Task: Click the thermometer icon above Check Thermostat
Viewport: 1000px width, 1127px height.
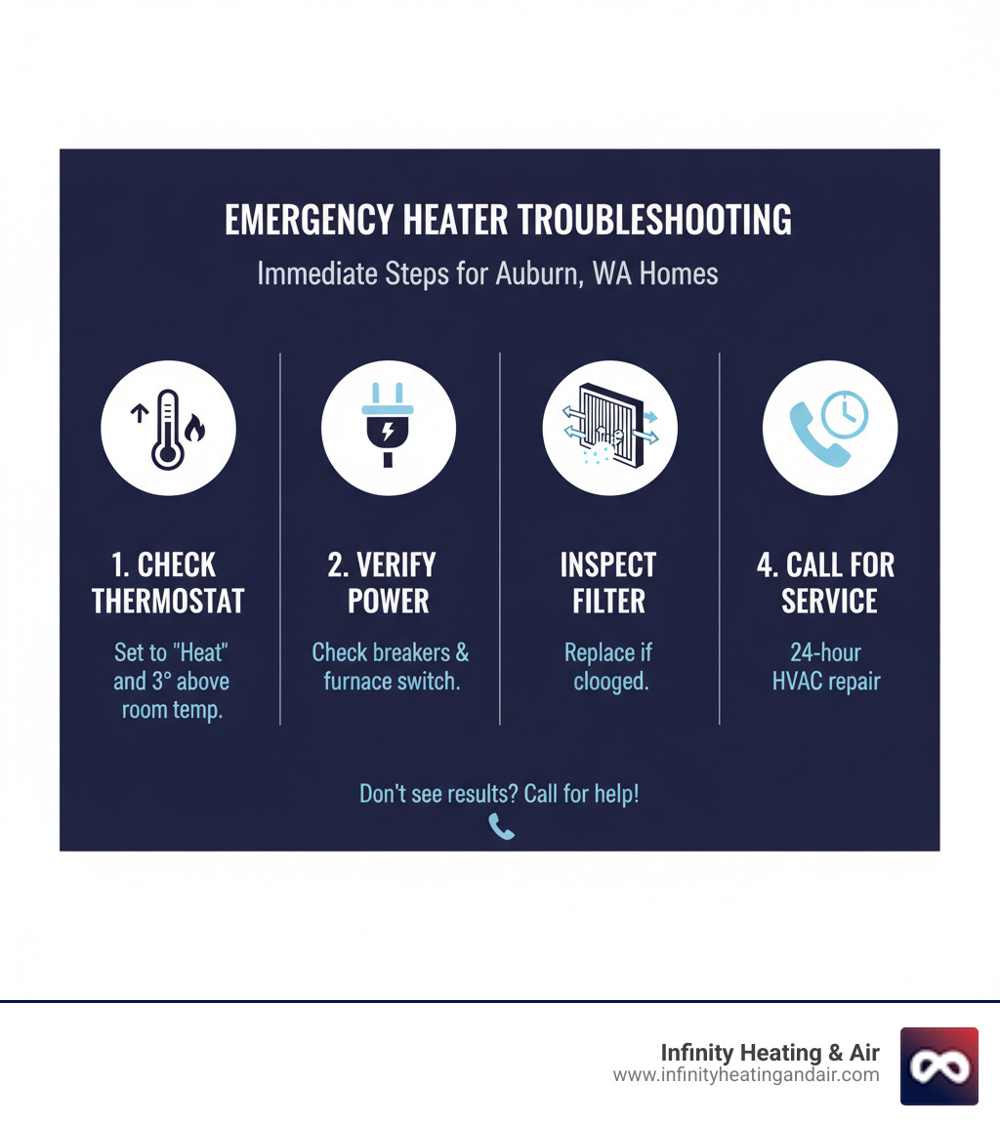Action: click(x=168, y=428)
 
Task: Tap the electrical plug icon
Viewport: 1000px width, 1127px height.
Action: click(x=389, y=428)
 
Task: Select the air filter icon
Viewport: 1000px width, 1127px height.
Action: click(x=609, y=428)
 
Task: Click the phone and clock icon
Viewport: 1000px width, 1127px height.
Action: click(x=829, y=428)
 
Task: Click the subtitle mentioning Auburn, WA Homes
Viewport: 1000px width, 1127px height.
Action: click(x=487, y=273)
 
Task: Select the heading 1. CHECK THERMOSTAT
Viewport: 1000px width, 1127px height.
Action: click(x=168, y=582)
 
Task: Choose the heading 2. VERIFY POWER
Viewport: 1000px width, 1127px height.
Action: click(x=389, y=582)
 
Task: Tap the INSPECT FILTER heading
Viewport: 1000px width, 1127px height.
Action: click(x=609, y=582)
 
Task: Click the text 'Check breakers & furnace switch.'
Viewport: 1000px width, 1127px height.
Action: click(x=391, y=666)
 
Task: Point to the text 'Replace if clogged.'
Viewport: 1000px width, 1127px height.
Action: click(x=609, y=666)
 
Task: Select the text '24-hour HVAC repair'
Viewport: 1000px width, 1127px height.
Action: click(x=826, y=666)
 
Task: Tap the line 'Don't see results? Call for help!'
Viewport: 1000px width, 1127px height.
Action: click(x=499, y=793)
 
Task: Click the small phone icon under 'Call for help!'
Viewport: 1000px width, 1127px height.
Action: click(x=501, y=828)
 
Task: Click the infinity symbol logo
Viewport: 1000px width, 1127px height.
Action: click(x=938, y=1065)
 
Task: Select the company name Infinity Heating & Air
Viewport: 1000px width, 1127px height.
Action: click(x=770, y=1052)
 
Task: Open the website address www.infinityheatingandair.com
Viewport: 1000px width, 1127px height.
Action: click(x=746, y=1075)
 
